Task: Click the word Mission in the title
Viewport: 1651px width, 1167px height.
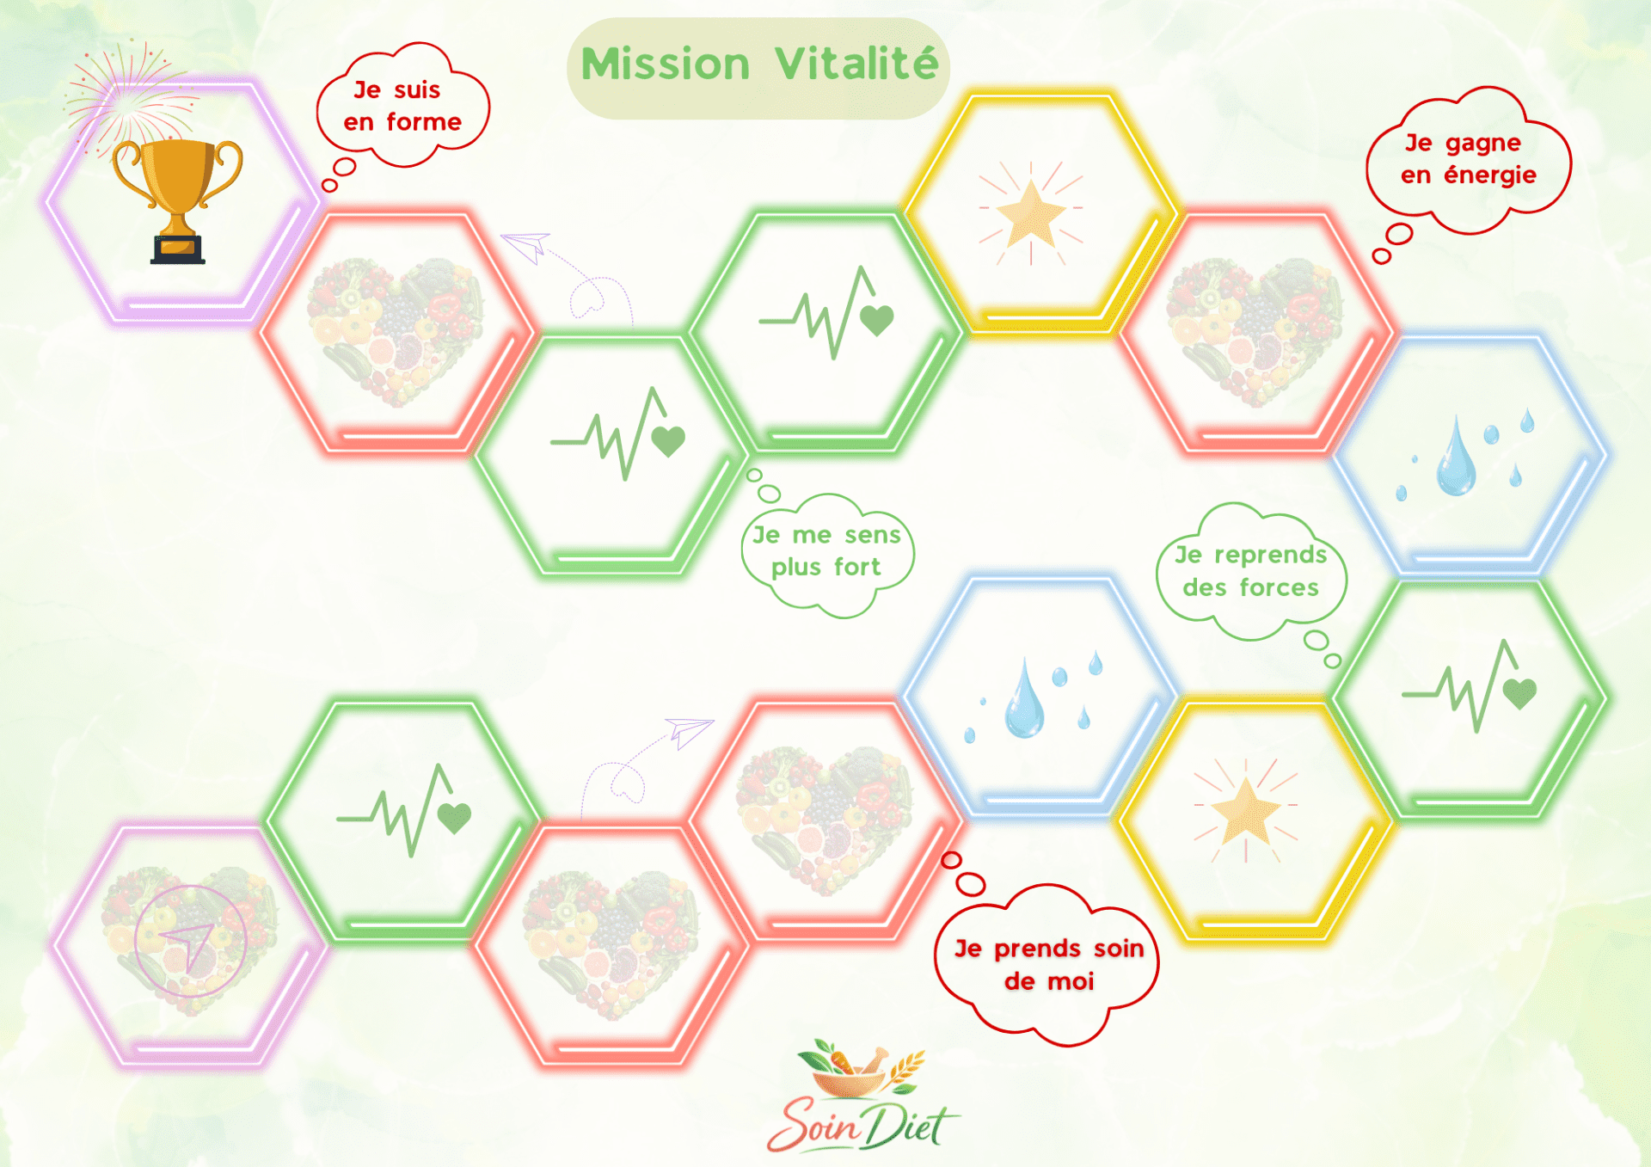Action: point(666,64)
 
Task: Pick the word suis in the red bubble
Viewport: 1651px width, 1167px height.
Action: point(417,89)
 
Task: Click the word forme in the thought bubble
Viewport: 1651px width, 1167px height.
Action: point(424,122)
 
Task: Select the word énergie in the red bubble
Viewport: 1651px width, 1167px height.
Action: point(1490,175)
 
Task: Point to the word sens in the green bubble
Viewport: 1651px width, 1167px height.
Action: point(873,535)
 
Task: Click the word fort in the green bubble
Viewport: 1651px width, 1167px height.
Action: point(857,567)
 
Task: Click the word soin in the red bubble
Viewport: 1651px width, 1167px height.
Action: point(1119,949)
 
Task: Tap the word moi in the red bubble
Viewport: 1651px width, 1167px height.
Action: point(1071,981)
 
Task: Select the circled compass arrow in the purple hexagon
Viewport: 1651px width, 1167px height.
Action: point(190,942)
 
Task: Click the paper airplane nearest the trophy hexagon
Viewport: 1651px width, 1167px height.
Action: point(526,246)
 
